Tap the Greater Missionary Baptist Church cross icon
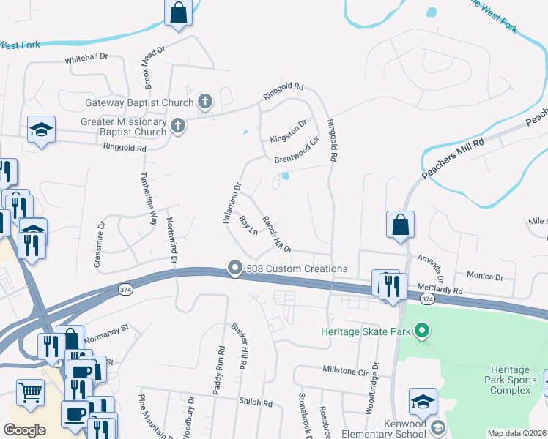[177, 127]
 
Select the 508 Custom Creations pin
[234, 269]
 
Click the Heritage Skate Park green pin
[421, 332]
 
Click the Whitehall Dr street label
[86, 56]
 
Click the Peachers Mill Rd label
[454, 157]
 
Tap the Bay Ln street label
[248, 225]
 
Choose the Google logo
[24, 430]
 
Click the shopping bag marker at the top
[178, 12]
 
